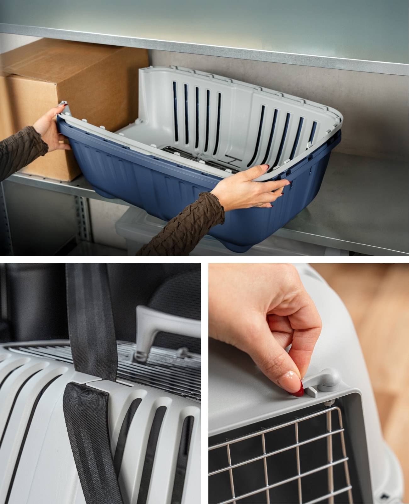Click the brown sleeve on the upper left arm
[x=19, y=151]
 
